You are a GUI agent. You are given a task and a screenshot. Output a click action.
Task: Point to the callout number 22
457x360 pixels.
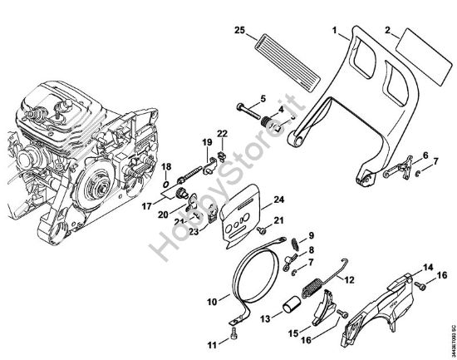click(x=222, y=134)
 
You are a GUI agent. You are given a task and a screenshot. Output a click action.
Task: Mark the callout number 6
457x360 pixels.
click(x=426, y=155)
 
